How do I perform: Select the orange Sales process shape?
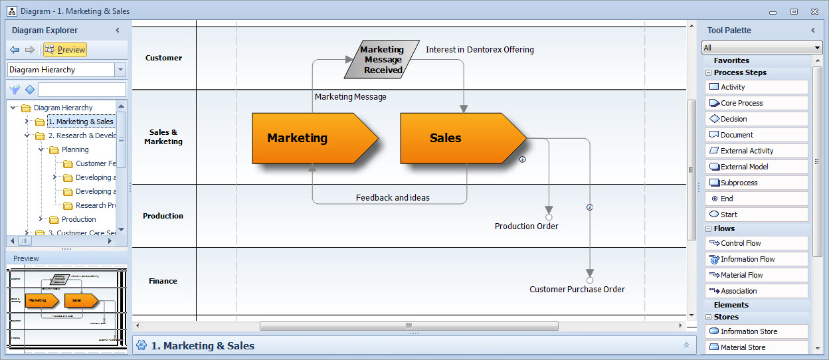[x=455, y=138]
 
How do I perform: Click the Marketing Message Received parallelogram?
[x=382, y=59]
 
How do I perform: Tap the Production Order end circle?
[x=549, y=217]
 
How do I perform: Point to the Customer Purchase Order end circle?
[x=589, y=280]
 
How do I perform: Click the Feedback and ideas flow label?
[x=393, y=197]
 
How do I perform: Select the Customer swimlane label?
[x=163, y=58]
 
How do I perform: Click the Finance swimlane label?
[x=163, y=281]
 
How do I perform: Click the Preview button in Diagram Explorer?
[x=65, y=50]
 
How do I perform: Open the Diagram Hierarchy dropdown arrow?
[x=120, y=70]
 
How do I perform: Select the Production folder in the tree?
[x=78, y=219]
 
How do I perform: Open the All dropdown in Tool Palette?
[x=817, y=48]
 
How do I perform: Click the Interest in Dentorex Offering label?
[x=480, y=50]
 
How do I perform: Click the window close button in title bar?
[x=814, y=11]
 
